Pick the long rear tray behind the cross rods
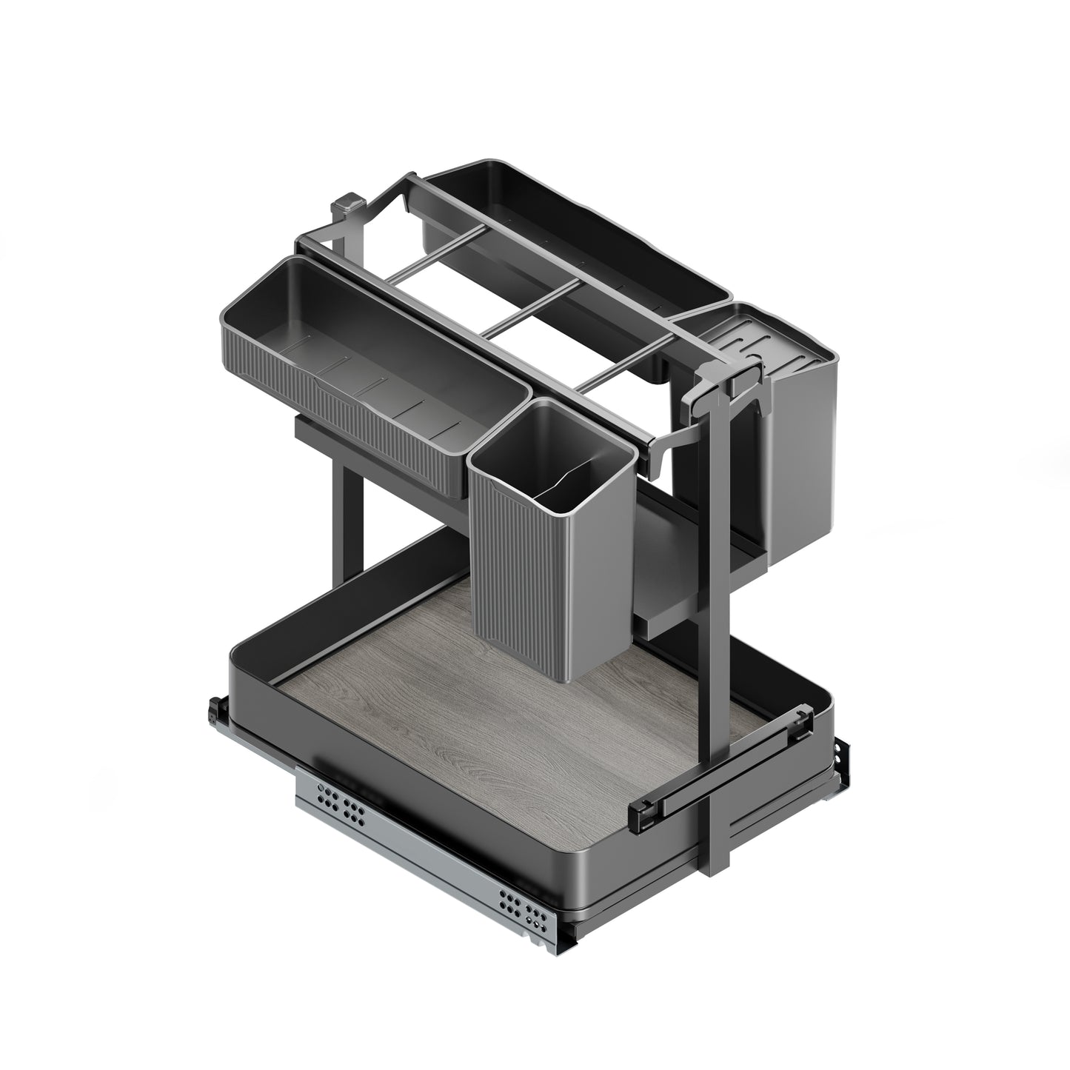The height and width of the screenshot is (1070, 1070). [x=578, y=222]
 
